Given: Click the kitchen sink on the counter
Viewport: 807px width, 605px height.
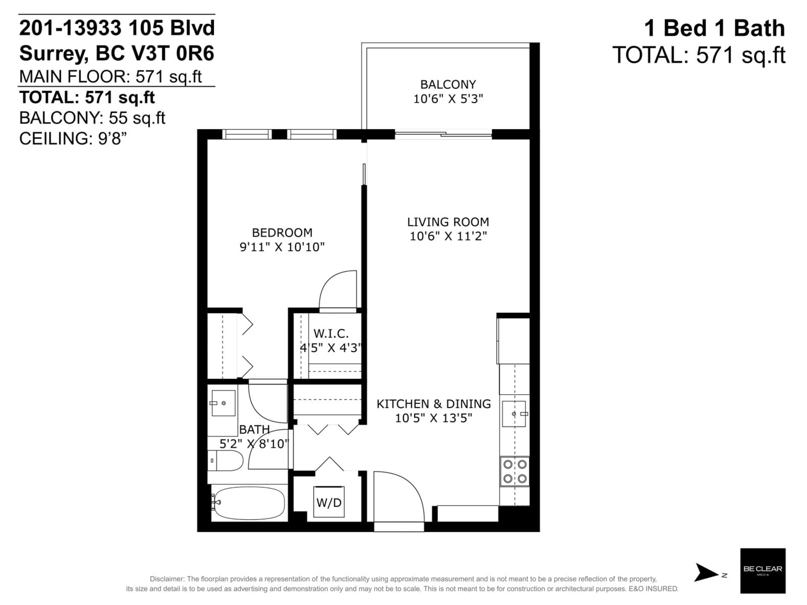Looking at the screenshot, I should [x=514, y=414].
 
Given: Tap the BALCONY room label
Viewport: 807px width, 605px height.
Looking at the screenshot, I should [x=448, y=85].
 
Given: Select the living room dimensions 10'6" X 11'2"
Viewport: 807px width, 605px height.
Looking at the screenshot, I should [x=448, y=236].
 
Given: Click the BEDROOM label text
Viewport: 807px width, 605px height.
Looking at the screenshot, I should [x=282, y=233].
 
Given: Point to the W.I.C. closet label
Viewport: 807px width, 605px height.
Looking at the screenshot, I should [x=331, y=333].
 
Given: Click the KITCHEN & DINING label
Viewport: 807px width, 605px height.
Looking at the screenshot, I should [x=433, y=404].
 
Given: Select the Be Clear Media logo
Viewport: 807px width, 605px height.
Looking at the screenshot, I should [x=762, y=571].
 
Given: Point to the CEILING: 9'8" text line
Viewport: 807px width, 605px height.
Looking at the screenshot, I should [x=73, y=139].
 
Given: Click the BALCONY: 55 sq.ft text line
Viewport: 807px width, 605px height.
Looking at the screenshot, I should [x=92, y=118].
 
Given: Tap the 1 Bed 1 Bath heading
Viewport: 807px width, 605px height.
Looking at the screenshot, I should [x=714, y=28].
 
